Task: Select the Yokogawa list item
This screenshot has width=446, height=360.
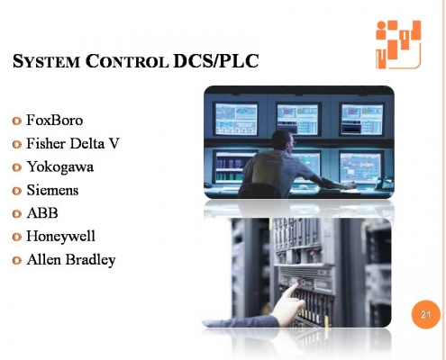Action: coord(60,166)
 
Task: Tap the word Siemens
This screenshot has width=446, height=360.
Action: coord(53,190)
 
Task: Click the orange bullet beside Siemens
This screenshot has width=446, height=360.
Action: coord(18,191)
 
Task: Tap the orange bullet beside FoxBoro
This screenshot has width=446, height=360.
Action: coord(18,121)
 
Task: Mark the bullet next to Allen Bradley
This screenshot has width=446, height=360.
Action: coord(18,261)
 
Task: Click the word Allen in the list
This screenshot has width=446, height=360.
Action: coord(46,260)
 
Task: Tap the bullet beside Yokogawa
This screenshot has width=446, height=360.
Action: coord(18,167)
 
